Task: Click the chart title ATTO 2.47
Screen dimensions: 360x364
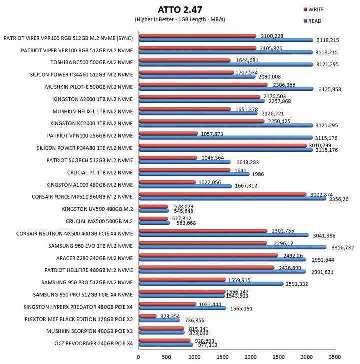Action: (x=180, y=10)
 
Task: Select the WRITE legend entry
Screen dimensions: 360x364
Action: (x=314, y=10)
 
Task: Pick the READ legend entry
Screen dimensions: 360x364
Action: (x=312, y=21)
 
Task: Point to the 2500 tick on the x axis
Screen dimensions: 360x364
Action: (x=279, y=357)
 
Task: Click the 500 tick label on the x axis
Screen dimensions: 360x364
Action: (x=166, y=357)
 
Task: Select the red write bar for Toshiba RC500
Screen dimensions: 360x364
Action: (x=185, y=60)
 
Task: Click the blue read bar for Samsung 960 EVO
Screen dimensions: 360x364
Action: (x=232, y=247)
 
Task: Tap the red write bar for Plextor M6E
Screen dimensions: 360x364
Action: (x=148, y=316)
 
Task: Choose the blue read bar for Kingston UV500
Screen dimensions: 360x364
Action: (x=154, y=211)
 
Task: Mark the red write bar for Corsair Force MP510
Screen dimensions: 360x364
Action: (x=223, y=195)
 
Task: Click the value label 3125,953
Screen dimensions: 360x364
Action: (x=330, y=89)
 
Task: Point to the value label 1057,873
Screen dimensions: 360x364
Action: (x=212, y=134)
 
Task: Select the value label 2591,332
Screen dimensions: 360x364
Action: (x=297, y=284)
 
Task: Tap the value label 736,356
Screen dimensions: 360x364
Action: (x=195, y=320)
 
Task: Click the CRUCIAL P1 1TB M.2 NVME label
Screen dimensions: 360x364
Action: (x=100, y=172)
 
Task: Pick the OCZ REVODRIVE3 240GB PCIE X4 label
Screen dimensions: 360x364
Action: (x=94, y=343)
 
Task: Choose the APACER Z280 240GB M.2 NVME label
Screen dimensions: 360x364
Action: (x=95, y=258)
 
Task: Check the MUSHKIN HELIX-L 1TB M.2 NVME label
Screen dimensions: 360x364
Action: (x=93, y=112)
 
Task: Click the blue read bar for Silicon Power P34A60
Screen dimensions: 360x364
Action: (x=197, y=77)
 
